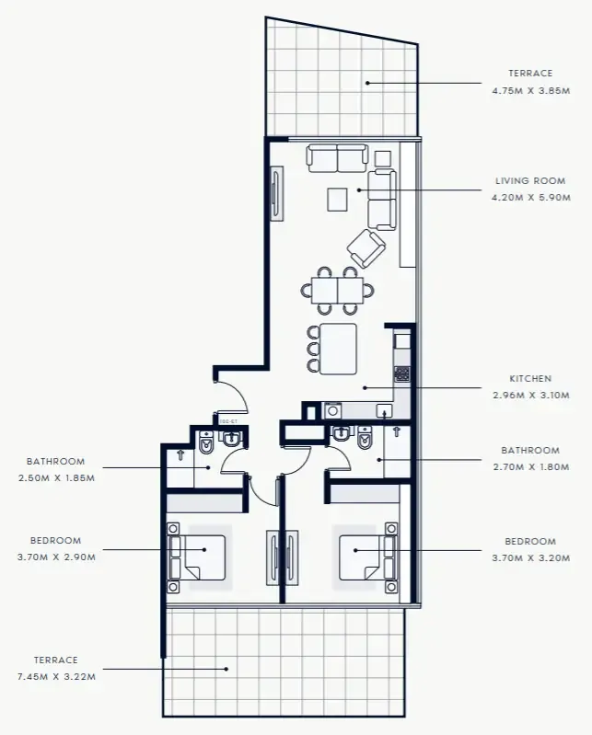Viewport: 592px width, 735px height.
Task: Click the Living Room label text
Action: tap(529, 181)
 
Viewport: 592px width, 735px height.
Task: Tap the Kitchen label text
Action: tap(530, 378)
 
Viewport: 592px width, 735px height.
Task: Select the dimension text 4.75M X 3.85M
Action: tap(529, 89)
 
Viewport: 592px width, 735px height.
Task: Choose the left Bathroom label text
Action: tap(55, 461)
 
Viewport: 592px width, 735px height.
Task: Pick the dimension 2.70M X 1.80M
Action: tap(530, 466)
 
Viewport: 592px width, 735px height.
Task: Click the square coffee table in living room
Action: tap(338, 199)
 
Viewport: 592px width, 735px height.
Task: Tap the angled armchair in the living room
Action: tap(366, 248)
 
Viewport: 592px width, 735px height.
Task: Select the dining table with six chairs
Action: tap(337, 291)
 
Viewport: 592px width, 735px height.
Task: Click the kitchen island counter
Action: tap(337, 348)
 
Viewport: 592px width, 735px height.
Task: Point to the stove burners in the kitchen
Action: tap(401, 373)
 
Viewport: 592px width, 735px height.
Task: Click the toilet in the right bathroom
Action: tap(366, 444)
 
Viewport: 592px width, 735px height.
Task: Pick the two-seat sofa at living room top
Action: tap(337, 158)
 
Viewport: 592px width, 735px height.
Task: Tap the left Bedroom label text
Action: tap(55, 541)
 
